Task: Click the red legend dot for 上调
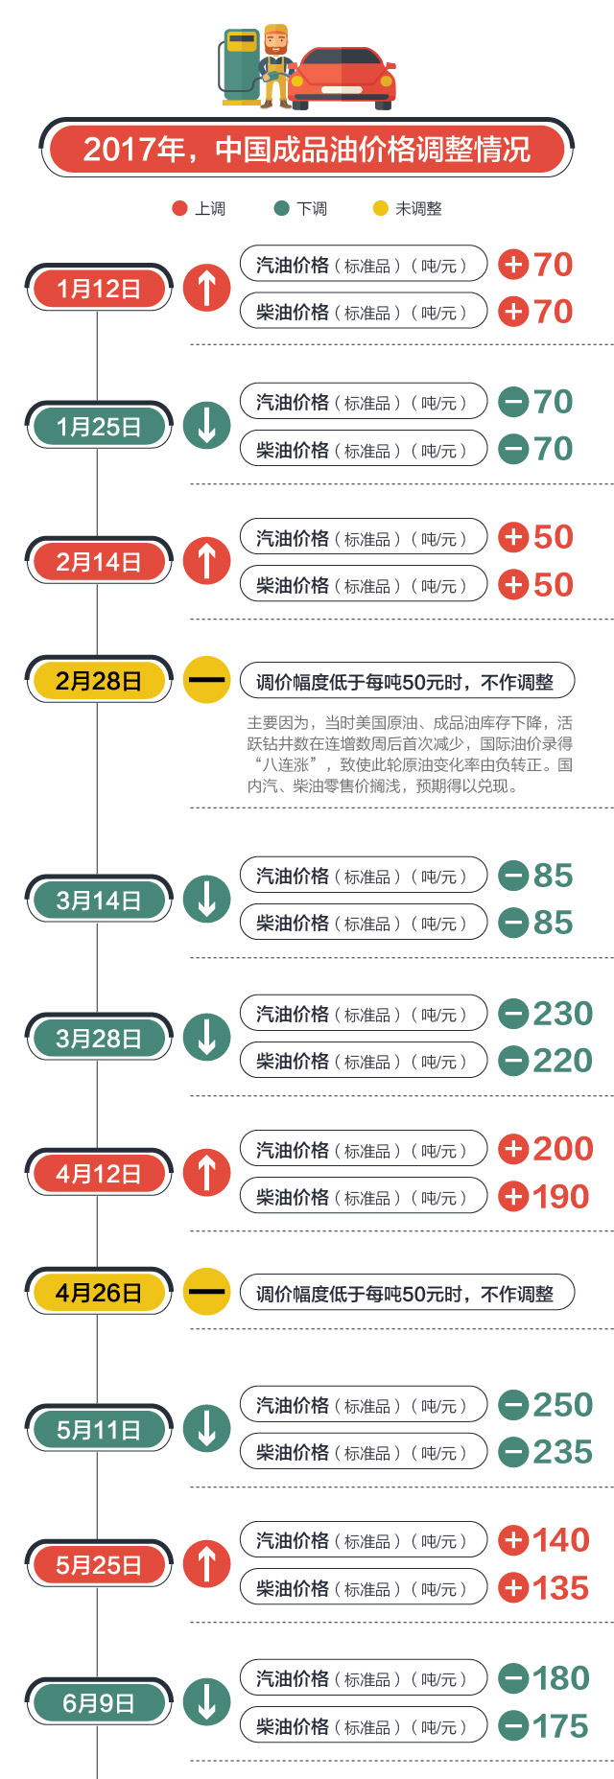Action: (x=179, y=208)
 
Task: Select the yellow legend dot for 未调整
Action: (x=380, y=208)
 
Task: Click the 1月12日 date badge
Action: (x=99, y=288)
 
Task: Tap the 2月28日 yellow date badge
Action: (x=99, y=681)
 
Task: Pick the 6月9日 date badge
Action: (x=99, y=1703)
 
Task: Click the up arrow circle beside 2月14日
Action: (x=206, y=561)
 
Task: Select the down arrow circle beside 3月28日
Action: (x=206, y=1038)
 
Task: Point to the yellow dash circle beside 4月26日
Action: (x=206, y=1292)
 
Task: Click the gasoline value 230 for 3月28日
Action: (x=563, y=1014)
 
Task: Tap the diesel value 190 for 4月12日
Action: (x=561, y=1197)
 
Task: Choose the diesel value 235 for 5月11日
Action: (x=563, y=1452)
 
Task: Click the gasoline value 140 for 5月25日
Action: (x=561, y=1540)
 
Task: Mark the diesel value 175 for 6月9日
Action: (x=561, y=1726)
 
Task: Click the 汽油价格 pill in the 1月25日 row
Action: (x=363, y=402)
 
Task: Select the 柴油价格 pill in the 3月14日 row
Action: (x=363, y=923)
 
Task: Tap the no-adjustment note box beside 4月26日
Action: (x=407, y=1294)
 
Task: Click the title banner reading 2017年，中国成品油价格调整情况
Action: (x=307, y=149)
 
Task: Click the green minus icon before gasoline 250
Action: (x=514, y=1405)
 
